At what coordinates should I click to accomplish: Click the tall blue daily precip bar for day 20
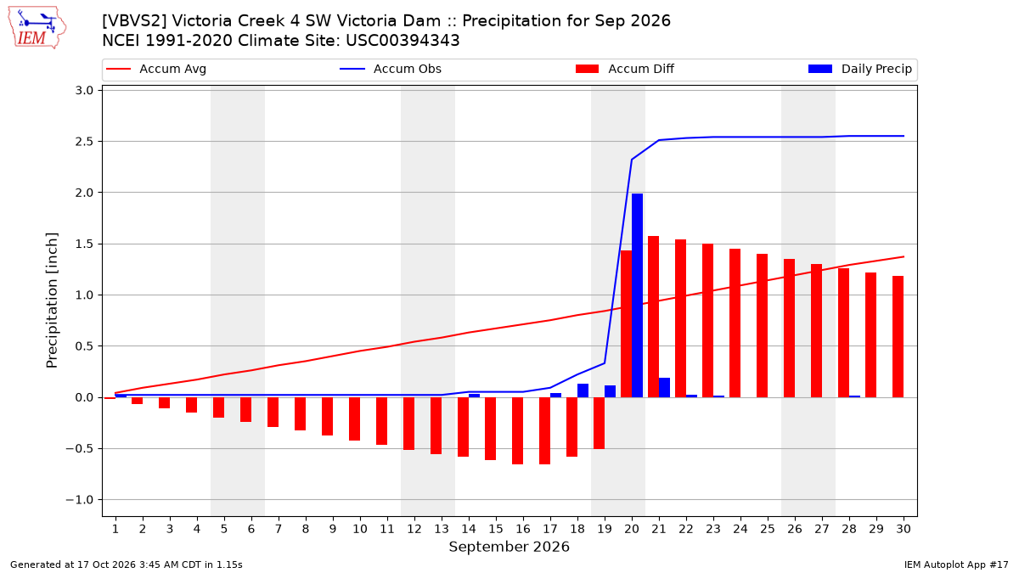(x=637, y=295)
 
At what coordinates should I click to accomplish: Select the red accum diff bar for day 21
(x=653, y=317)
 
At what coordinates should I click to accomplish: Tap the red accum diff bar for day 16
(x=517, y=430)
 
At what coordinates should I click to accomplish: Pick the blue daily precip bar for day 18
(x=583, y=390)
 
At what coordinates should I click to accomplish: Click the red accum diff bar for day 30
(x=898, y=336)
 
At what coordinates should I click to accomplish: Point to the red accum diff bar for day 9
(x=327, y=417)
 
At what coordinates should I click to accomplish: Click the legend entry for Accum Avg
(x=156, y=69)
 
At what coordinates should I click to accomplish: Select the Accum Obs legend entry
(x=391, y=69)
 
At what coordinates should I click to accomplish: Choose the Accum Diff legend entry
(x=625, y=69)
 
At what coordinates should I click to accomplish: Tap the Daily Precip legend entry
(x=859, y=69)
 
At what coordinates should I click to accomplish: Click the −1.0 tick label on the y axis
(x=80, y=500)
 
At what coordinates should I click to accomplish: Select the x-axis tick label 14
(x=469, y=529)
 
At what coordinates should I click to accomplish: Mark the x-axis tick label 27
(x=822, y=529)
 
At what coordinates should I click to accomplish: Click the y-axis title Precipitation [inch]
(x=52, y=301)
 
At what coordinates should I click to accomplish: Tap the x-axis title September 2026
(x=509, y=547)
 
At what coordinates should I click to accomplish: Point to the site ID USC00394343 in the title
(x=403, y=41)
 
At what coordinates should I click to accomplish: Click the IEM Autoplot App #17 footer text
(x=956, y=565)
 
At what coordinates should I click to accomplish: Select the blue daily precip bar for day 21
(x=664, y=387)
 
